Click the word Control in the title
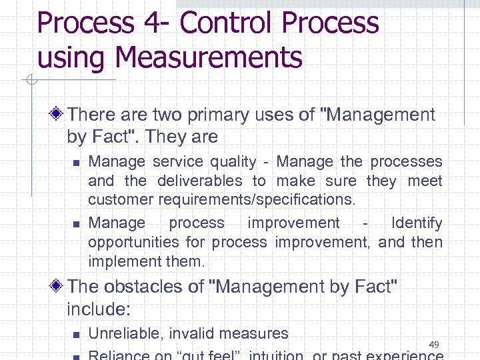(227, 23)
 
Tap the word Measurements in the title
(208, 57)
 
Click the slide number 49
(434, 345)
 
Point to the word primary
(241, 115)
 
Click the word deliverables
(200, 181)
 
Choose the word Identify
(417, 223)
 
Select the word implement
(117, 261)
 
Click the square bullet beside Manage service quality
(76, 162)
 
